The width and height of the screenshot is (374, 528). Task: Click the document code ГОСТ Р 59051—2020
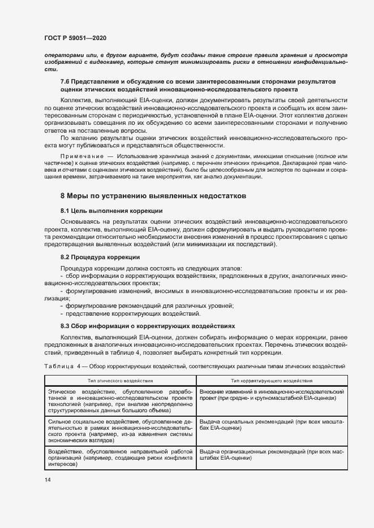[75, 38]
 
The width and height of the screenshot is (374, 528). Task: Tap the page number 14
[48, 479]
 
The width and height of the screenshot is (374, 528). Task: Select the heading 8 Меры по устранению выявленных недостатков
[153, 196]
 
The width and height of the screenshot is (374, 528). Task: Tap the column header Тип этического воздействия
[119, 381]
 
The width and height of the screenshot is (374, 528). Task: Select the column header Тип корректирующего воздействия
[272, 381]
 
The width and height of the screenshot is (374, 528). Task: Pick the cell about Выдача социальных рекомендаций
[272, 425]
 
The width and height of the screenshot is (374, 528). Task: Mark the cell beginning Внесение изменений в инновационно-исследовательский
[272, 395]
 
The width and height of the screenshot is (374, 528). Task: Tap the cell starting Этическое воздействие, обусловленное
[119, 402]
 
